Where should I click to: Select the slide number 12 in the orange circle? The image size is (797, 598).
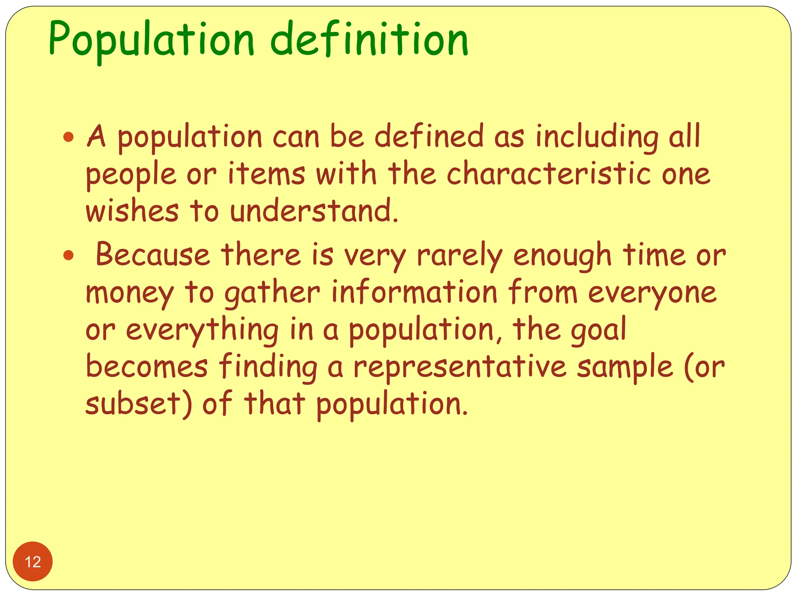tap(33, 562)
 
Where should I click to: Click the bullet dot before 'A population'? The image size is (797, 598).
tap(68, 137)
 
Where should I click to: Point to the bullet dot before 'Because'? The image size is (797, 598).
tap(68, 255)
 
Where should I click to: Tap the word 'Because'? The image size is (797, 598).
tap(153, 255)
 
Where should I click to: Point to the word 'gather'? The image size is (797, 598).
tap(272, 293)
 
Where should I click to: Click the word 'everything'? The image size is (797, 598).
tap(202, 330)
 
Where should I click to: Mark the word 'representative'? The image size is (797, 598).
tap(460, 367)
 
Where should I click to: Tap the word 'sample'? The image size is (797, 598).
tap(625, 368)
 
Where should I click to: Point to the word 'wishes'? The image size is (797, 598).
tap(132, 211)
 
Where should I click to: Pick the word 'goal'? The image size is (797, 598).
tap(599, 330)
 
